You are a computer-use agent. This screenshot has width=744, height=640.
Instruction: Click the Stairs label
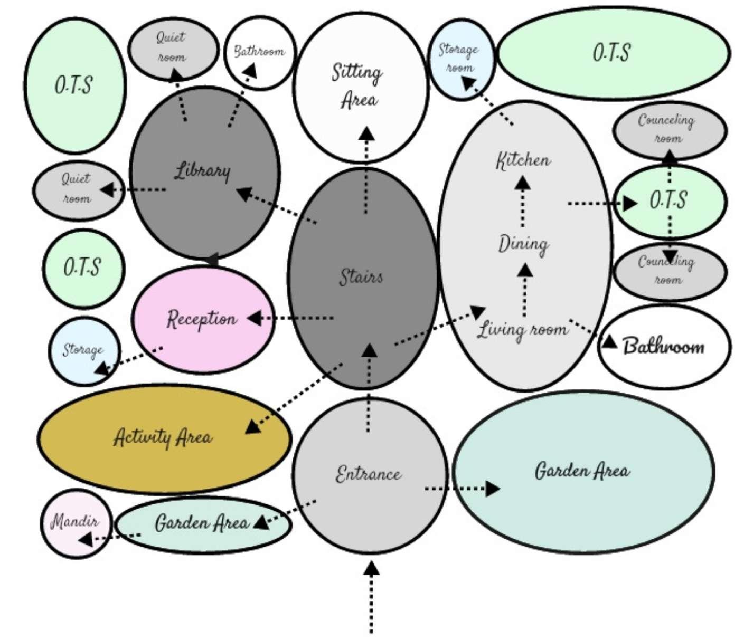click(361, 276)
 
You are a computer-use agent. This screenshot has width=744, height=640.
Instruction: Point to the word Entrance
click(369, 474)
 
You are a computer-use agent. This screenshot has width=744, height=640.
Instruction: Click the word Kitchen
click(523, 160)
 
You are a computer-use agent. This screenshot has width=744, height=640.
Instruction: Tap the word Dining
click(523, 244)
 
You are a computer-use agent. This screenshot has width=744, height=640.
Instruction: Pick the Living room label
click(523, 329)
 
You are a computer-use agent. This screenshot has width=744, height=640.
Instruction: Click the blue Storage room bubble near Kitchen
click(460, 59)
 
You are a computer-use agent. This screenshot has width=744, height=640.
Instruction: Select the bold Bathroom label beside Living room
click(664, 347)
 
